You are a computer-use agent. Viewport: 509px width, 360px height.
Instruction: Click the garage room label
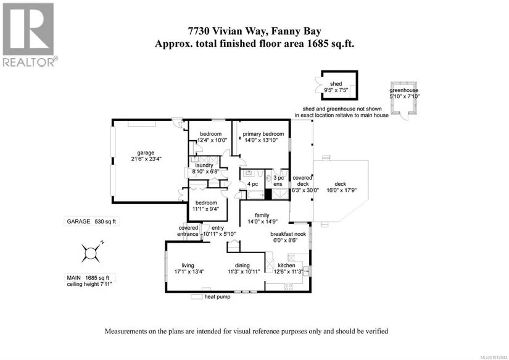point(146,153)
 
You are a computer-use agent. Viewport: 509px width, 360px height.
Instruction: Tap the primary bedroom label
point(263,134)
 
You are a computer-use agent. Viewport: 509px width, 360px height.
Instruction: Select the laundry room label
point(204,165)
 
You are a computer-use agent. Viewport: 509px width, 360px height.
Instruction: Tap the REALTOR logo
point(29,35)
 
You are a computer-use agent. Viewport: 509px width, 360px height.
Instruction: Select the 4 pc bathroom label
point(252,184)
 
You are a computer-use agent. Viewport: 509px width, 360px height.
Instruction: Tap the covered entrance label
point(188,230)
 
